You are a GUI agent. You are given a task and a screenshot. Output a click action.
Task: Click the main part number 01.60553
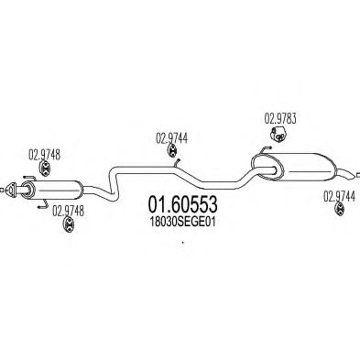(182, 204)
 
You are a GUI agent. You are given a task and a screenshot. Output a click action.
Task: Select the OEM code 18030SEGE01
(182, 222)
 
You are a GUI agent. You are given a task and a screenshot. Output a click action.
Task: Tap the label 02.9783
(280, 119)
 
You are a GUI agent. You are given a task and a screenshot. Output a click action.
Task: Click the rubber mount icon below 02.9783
(278, 135)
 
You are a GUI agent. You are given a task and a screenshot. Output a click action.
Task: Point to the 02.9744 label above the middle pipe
(172, 138)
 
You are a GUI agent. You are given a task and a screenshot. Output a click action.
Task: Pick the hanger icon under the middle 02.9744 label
(172, 151)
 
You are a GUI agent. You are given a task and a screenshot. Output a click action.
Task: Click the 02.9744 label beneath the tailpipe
(339, 197)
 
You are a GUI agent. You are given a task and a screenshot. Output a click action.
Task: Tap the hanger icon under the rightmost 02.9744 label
(340, 209)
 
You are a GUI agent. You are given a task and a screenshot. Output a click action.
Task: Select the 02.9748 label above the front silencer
(44, 155)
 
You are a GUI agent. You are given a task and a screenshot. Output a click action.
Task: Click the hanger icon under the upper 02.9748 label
(45, 169)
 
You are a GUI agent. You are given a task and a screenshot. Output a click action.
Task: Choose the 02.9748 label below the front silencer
(68, 211)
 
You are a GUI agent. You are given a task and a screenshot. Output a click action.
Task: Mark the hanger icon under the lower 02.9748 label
(69, 224)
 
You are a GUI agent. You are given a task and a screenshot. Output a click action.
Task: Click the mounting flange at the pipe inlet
(11, 189)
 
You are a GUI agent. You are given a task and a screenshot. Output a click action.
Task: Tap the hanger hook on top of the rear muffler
(265, 149)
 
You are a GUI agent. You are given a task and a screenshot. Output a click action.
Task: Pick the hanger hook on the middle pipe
(177, 163)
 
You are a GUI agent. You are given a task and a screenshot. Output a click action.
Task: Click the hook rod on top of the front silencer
(29, 177)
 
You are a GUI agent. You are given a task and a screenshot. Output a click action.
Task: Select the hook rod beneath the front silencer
(42, 204)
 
